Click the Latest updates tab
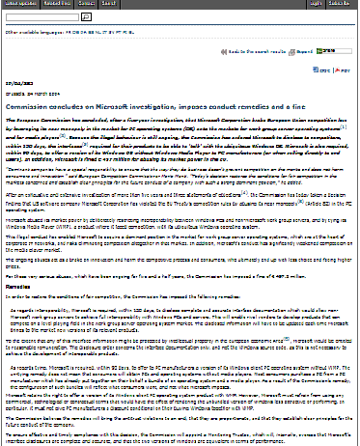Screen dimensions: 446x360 point(18,4)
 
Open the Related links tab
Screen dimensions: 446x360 point(55,4)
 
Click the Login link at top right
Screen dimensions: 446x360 point(318,4)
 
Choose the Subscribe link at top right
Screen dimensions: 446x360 point(345,4)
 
